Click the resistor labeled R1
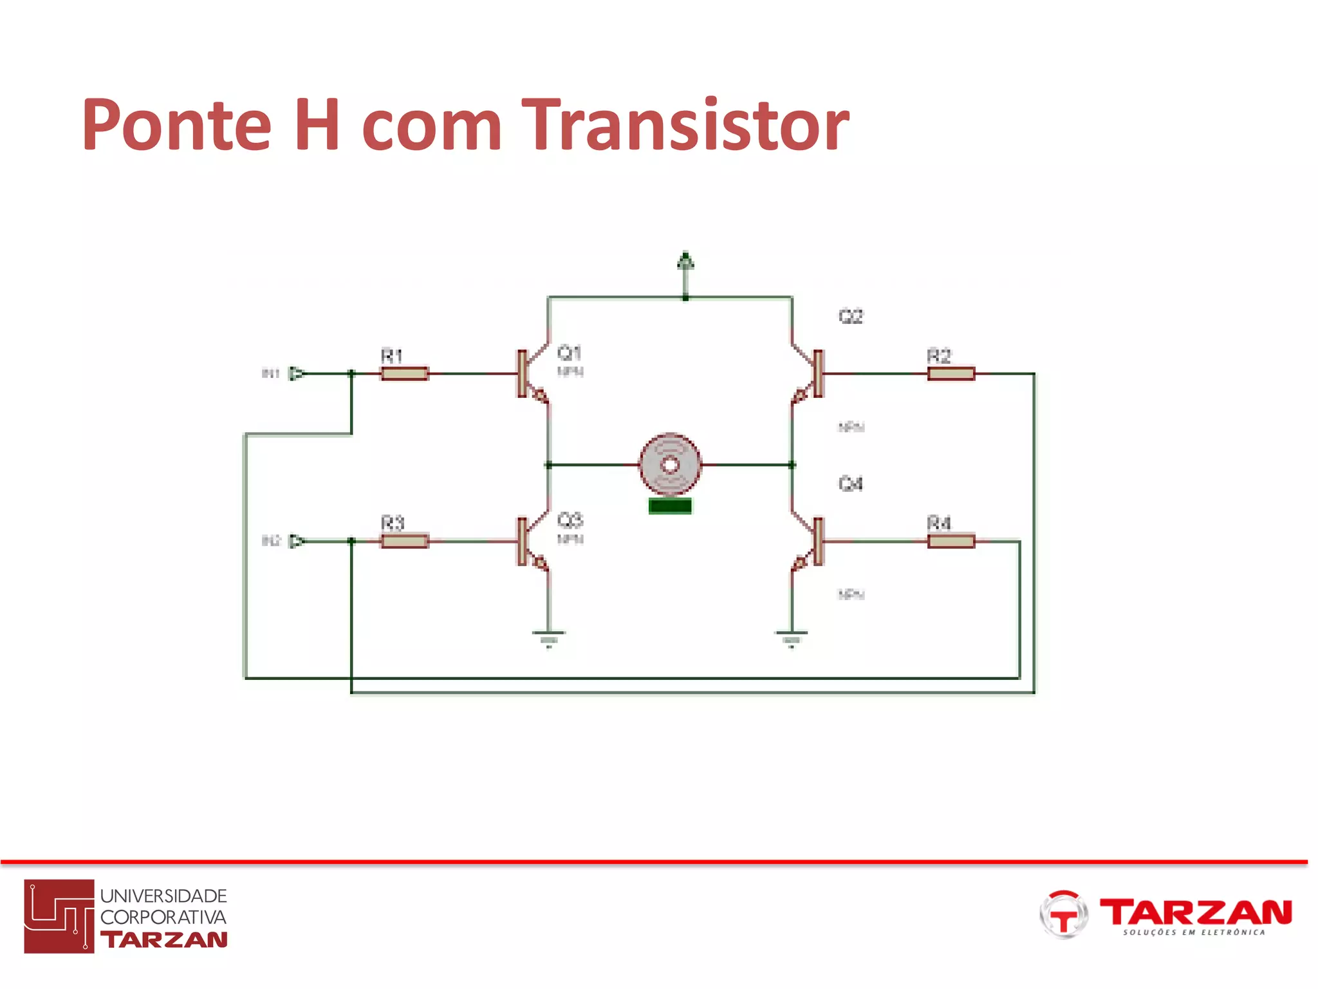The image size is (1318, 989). click(x=404, y=373)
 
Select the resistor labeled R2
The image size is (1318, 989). click(x=951, y=373)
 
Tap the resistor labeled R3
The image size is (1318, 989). click(x=404, y=541)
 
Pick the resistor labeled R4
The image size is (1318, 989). click(x=951, y=541)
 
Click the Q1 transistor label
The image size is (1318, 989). click(x=570, y=353)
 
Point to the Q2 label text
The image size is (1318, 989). click(x=850, y=316)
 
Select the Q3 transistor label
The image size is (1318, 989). click(x=570, y=520)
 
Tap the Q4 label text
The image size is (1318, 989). click(x=850, y=484)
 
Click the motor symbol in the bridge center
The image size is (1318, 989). click(x=670, y=464)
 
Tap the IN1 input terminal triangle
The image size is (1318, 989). click(x=296, y=373)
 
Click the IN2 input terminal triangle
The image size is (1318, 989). click(x=296, y=541)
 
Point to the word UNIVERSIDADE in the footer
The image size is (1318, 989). click(x=163, y=896)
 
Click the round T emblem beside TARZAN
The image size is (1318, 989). click(x=1063, y=914)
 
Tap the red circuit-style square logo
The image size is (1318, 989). click(x=59, y=916)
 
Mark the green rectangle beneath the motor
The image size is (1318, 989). click(x=670, y=506)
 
